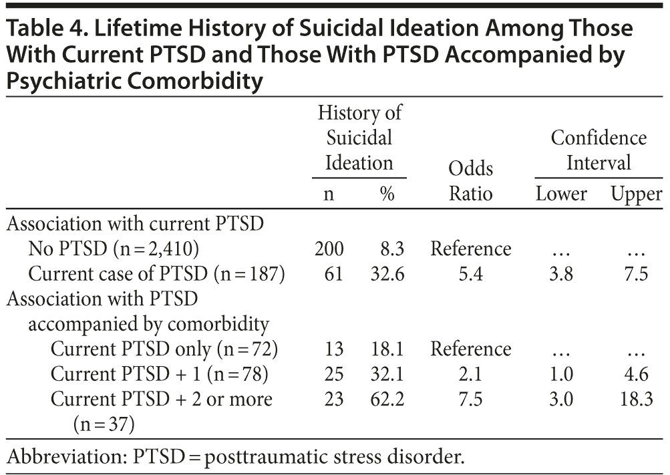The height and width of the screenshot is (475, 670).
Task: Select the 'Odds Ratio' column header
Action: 470,180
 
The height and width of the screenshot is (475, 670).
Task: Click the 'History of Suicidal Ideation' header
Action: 359,138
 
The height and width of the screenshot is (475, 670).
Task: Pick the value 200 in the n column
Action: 329,249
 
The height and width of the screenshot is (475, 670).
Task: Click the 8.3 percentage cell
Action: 390,249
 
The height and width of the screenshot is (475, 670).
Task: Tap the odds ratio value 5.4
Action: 470,274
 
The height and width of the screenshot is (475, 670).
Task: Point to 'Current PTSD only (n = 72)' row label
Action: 164,349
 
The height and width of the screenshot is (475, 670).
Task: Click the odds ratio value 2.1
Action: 470,375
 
